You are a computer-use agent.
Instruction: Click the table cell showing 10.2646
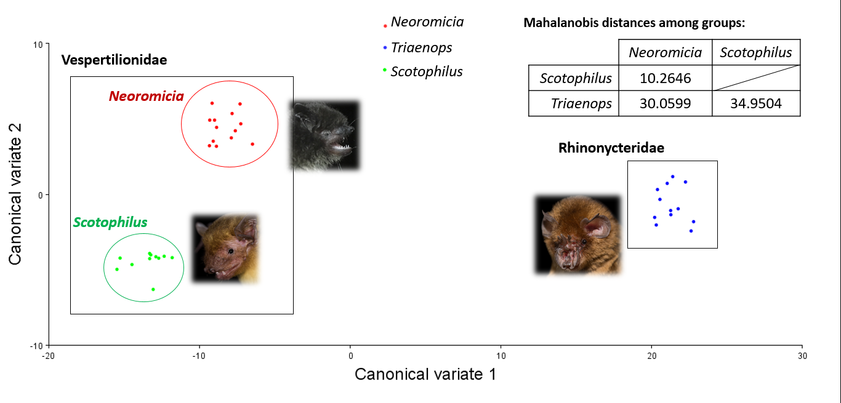(x=665, y=78)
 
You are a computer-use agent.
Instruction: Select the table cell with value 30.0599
(x=665, y=104)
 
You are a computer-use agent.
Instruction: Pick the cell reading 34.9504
(x=755, y=104)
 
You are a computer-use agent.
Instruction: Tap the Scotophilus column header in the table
(x=755, y=52)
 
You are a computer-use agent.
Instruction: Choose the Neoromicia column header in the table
(x=665, y=52)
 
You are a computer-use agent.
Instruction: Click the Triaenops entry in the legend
(x=421, y=47)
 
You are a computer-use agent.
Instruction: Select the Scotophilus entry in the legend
(x=426, y=71)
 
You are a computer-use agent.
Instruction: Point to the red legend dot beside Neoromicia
(x=385, y=26)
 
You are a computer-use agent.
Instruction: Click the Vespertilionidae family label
(x=114, y=60)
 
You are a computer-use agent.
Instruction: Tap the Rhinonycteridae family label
(x=611, y=148)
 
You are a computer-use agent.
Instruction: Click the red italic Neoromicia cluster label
(x=146, y=96)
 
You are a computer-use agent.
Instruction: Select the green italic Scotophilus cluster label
(x=110, y=222)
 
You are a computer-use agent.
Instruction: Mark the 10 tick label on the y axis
(x=38, y=44)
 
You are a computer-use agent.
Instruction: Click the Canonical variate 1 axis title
(x=425, y=374)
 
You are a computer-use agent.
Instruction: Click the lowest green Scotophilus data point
(x=153, y=289)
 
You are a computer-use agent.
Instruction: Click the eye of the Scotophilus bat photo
(x=230, y=251)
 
